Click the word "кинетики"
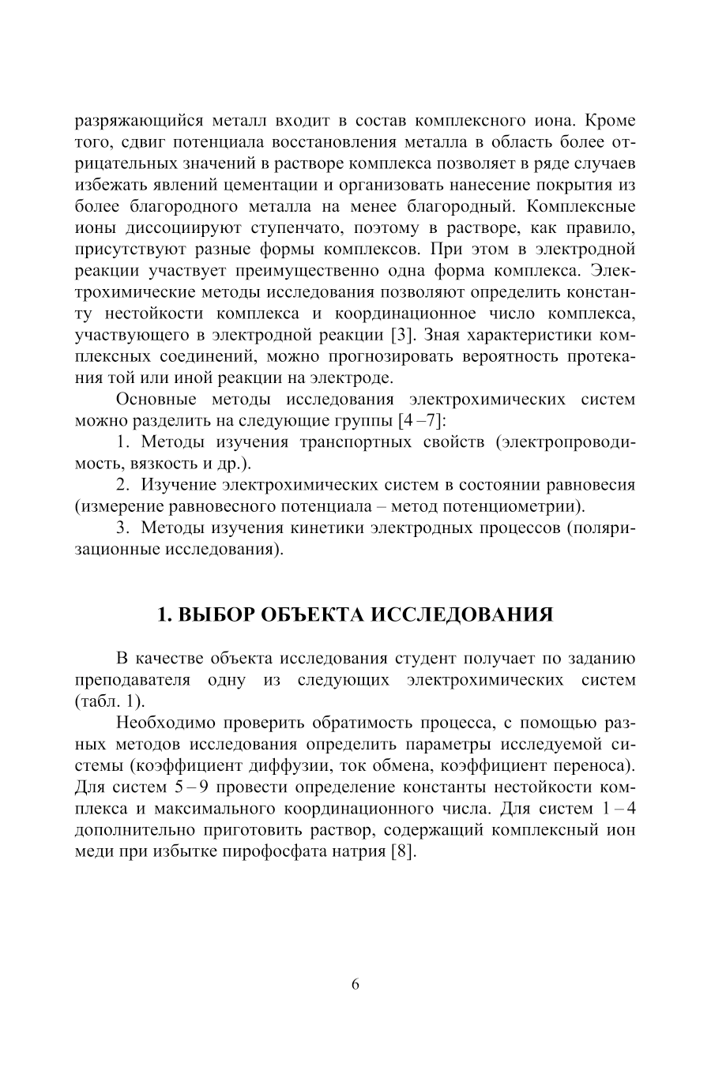pos(333,527)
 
